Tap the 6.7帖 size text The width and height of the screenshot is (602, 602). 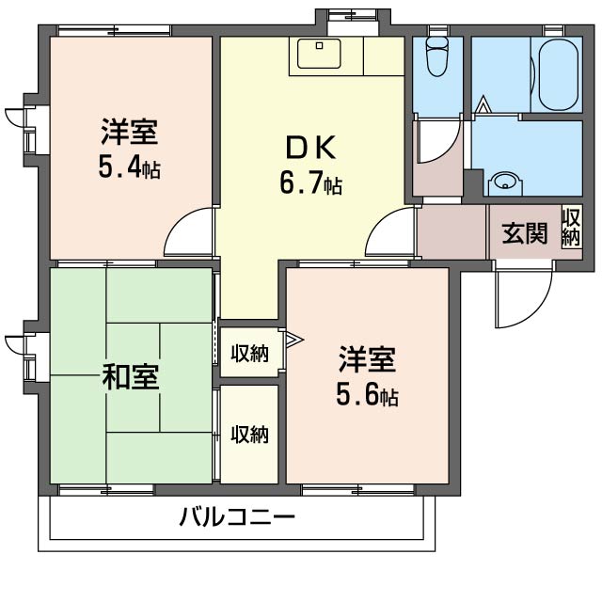(x=310, y=183)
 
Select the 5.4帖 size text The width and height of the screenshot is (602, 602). (x=129, y=167)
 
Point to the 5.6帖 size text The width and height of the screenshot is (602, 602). (x=368, y=395)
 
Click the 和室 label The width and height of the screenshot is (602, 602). (x=130, y=377)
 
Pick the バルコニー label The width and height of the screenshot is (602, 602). (x=236, y=517)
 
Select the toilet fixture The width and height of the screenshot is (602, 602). (x=436, y=57)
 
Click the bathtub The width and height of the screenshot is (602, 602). (x=557, y=73)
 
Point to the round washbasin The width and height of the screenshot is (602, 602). (x=507, y=182)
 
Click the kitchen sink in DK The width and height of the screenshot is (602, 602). (x=320, y=54)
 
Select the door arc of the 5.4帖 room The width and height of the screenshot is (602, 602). (x=191, y=234)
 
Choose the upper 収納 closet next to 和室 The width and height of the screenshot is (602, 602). (x=249, y=354)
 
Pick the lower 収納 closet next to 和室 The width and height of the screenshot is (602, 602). (x=249, y=435)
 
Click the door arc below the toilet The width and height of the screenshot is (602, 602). (x=435, y=141)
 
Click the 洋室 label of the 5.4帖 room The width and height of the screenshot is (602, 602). (x=129, y=131)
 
